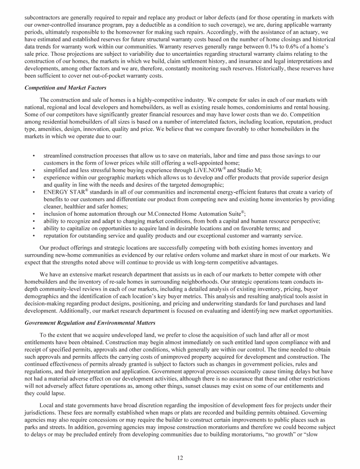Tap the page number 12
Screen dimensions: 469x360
(x=180, y=458)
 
